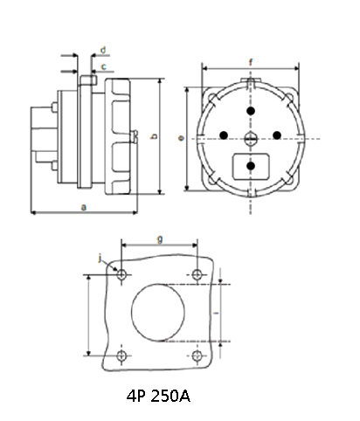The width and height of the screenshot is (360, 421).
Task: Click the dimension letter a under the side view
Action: (83, 206)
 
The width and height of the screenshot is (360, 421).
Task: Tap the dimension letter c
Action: (104, 66)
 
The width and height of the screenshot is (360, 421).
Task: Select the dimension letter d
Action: (104, 50)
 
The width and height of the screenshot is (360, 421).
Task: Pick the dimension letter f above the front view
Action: (251, 61)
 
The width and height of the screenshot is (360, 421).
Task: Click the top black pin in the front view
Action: (251, 112)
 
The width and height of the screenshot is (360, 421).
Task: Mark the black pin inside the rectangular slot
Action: (251, 164)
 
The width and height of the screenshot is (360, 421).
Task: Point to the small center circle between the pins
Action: (251, 139)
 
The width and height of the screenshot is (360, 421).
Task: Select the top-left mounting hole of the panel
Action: (121, 275)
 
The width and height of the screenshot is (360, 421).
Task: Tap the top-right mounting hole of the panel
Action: (199, 275)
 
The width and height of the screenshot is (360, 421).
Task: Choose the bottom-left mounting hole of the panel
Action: (121, 355)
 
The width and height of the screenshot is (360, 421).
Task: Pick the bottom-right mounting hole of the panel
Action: (199, 355)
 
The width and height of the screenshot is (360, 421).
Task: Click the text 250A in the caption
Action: (169, 396)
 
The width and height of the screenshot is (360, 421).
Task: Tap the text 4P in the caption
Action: (135, 396)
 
